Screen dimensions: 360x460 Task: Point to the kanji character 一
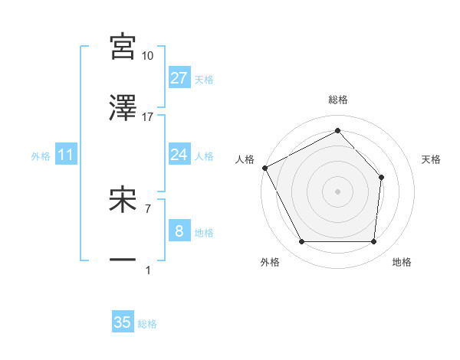(x=123, y=260)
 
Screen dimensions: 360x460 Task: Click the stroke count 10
(x=148, y=56)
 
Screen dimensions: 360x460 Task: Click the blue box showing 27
(x=179, y=78)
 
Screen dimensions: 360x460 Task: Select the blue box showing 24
(x=179, y=155)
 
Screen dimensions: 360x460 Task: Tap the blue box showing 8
(x=179, y=231)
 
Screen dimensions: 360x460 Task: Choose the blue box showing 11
(x=66, y=155)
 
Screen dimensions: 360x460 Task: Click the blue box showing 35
(x=123, y=322)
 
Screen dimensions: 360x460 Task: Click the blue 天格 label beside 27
(x=204, y=79)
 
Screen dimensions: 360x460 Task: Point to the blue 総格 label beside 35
(x=147, y=323)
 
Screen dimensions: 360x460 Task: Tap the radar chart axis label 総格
(x=338, y=100)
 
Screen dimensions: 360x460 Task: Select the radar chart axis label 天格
(x=431, y=159)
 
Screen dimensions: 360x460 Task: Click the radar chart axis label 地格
(x=402, y=262)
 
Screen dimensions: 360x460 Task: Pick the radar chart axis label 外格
(x=270, y=262)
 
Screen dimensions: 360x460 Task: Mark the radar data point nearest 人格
(x=264, y=168)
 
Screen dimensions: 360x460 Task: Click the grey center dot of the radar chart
(x=337, y=191)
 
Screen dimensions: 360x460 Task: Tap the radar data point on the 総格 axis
(x=337, y=130)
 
